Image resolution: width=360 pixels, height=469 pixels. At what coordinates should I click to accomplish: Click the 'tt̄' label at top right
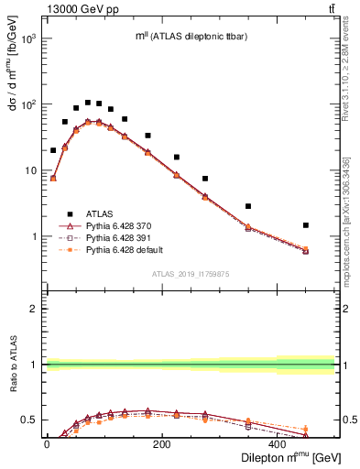[x=329, y=8]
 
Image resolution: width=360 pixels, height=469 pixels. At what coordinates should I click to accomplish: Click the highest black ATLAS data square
[x=88, y=103]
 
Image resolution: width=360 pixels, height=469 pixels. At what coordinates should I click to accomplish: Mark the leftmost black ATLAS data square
[x=53, y=150]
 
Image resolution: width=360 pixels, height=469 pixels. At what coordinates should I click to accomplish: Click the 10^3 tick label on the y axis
[x=31, y=39]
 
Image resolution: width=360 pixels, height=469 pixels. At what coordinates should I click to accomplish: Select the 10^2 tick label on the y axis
[x=31, y=105]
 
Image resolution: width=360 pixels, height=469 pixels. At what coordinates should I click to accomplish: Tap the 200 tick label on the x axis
[x=162, y=443]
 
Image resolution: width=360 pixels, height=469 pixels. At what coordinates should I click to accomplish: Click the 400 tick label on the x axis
[x=278, y=443]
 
